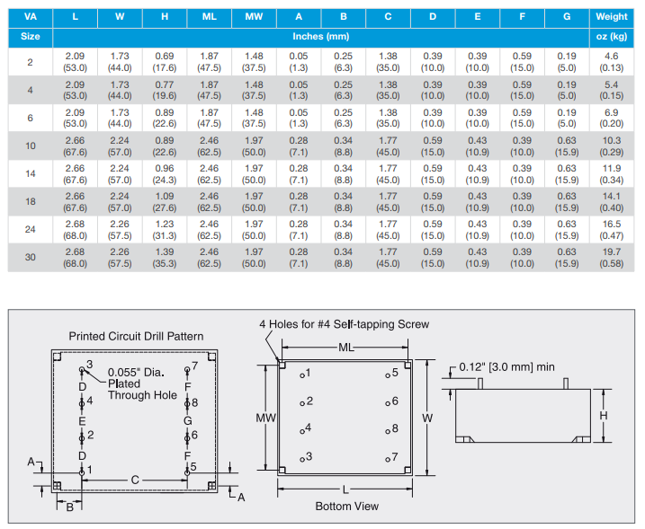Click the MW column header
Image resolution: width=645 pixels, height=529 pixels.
(254, 16)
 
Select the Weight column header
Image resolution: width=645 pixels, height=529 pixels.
(611, 16)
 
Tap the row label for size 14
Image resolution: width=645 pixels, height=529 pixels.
(30, 173)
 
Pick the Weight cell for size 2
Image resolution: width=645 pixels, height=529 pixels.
(611, 62)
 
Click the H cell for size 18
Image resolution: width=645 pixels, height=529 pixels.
(165, 201)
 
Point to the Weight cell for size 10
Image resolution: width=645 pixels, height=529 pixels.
(611, 145)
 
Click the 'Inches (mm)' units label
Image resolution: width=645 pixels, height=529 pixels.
(321, 37)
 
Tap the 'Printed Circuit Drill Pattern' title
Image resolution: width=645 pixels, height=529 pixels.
(136, 337)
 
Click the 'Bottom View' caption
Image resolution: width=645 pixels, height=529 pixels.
(346, 507)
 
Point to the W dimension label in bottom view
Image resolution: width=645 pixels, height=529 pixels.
(428, 418)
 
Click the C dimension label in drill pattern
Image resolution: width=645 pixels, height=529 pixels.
(135, 481)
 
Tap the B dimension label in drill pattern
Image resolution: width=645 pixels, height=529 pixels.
(69, 507)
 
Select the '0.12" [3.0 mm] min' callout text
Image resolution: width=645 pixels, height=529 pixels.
(507, 366)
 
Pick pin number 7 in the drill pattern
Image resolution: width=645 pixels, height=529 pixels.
(193, 366)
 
